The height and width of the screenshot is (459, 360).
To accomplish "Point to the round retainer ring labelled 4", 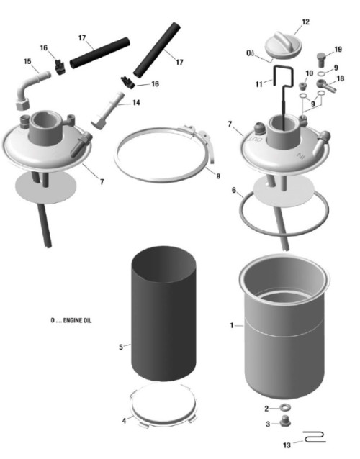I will coord(165,407).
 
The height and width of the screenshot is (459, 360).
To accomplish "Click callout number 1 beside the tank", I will coord(232,325).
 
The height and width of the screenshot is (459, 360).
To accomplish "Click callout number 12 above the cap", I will coord(305,22).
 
